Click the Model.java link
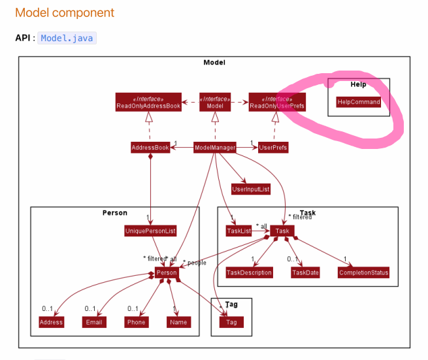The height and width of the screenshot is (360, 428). coord(67,38)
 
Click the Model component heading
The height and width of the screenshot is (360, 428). coord(65,12)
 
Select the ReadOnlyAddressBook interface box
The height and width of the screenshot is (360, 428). coord(148,102)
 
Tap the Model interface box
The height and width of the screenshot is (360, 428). coord(215,102)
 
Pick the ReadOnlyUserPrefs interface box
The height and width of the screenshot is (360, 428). coord(278,102)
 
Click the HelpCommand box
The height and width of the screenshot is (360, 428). coord(359,102)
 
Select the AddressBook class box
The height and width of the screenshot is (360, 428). coord(150,148)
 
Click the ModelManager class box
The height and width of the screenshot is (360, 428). coord(215,148)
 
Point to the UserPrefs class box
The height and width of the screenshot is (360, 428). coord(273,148)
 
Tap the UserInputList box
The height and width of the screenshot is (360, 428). coord(251,189)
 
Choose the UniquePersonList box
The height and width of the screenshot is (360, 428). coord(150,231)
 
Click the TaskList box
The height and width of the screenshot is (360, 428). coord(239,231)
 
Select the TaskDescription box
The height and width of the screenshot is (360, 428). coord(249,272)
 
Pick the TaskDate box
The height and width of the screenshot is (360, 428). coord(306,272)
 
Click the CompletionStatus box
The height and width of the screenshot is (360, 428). coord(364,272)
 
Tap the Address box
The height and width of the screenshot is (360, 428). coord(51,322)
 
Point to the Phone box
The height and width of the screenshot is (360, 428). coord(137,322)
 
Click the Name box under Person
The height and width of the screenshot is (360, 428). coord(178,322)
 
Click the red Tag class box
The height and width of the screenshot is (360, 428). coord(231,322)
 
